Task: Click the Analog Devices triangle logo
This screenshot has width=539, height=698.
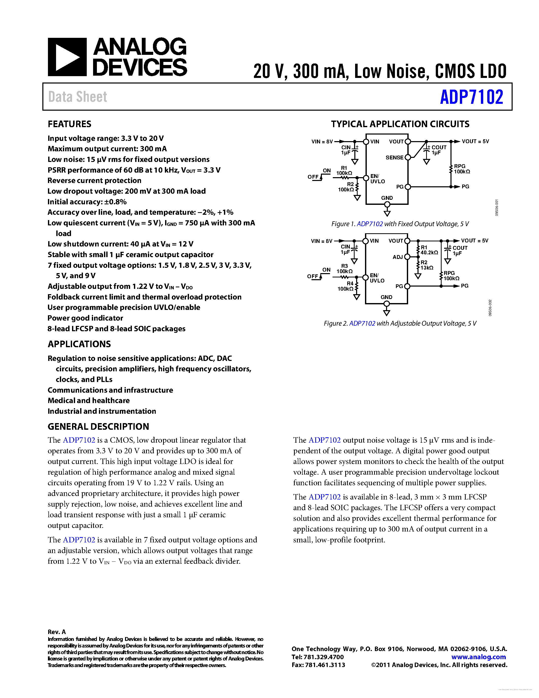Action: pos(67,57)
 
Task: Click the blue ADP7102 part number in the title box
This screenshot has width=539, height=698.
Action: pos(471,97)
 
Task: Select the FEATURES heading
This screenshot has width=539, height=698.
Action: pos(69,124)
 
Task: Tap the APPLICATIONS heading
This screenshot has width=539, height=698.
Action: pos(79,344)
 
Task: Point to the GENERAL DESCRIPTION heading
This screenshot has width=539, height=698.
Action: pos(98,427)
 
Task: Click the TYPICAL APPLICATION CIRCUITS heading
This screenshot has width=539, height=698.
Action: pos(400,124)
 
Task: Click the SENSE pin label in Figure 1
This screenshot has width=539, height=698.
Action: pos(394,158)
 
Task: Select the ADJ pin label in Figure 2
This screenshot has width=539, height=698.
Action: pos(397,257)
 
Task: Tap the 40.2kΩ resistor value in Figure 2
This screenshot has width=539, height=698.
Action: pos(429,253)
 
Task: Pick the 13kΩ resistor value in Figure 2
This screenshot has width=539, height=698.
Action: pos(427,268)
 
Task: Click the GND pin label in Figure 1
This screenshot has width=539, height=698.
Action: pos(387,198)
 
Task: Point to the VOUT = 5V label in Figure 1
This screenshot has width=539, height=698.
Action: pos(475,141)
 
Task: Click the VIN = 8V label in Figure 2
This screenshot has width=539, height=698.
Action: pos(322,241)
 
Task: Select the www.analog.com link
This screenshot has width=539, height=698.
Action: pos(478,657)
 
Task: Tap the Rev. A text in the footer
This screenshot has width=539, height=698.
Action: pos(57,631)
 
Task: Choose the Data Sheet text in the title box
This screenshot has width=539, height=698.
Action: pos(78,97)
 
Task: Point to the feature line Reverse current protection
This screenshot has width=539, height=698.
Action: pos(94,180)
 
